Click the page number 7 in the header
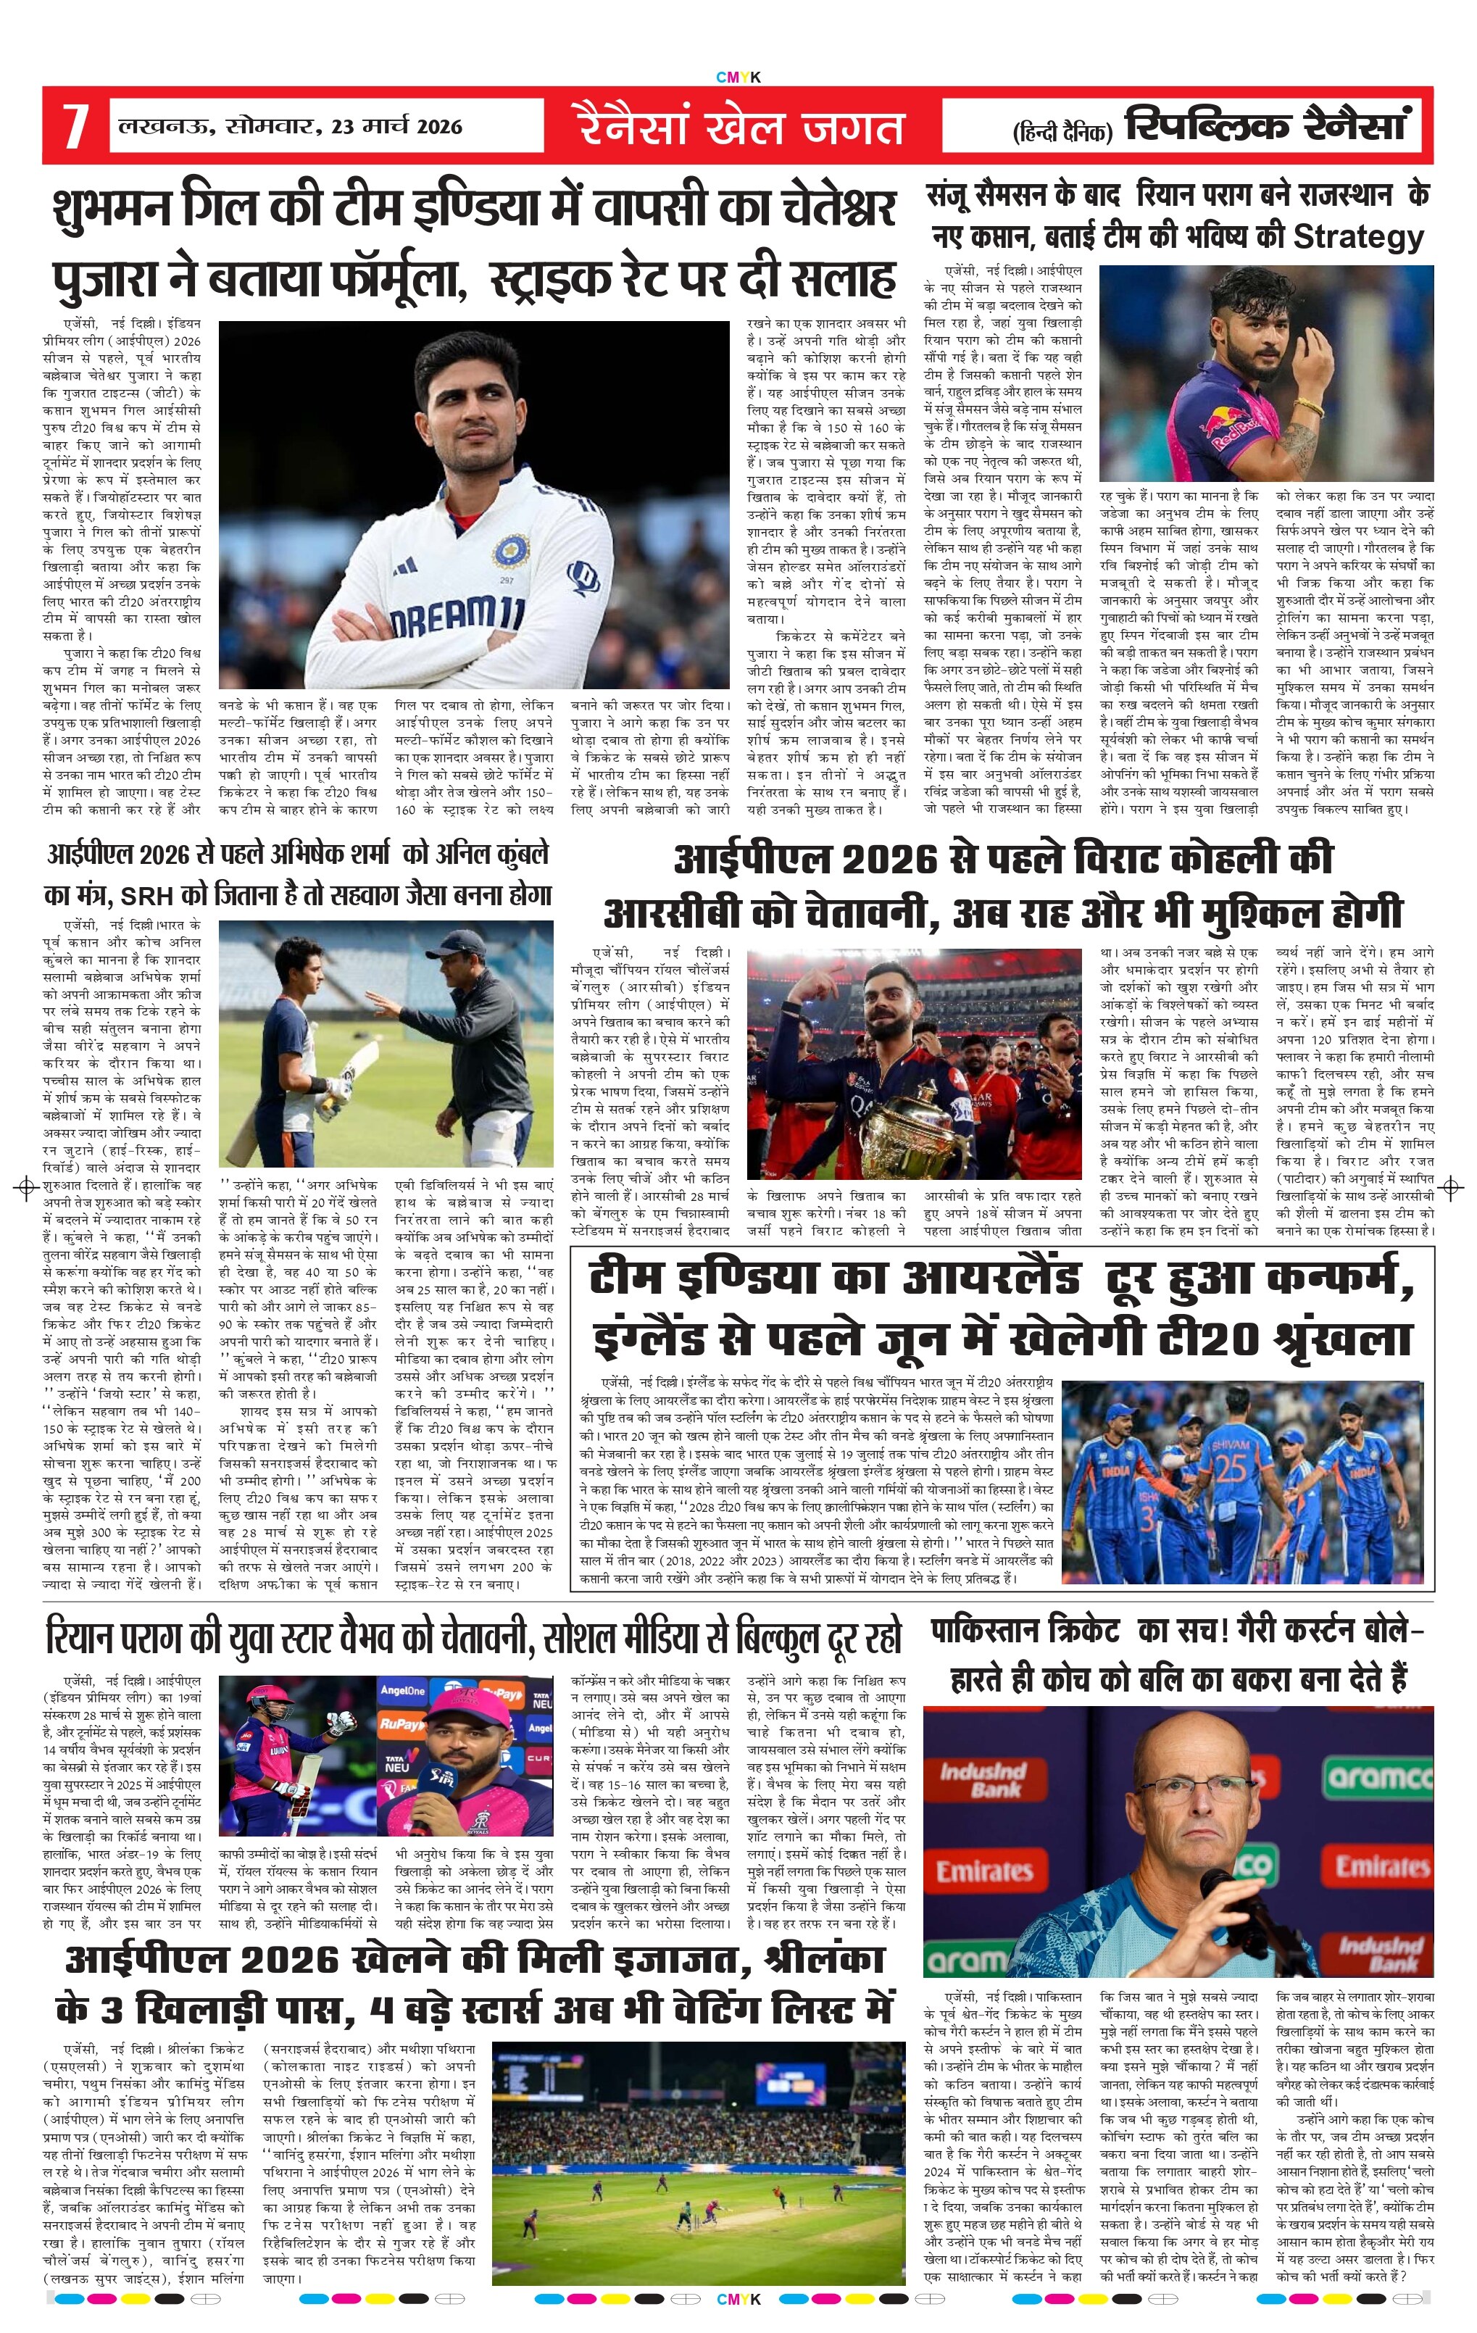[75, 127]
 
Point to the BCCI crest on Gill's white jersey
[510, 549]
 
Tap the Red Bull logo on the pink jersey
[1230, 425]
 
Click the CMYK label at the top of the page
[738, 77]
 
